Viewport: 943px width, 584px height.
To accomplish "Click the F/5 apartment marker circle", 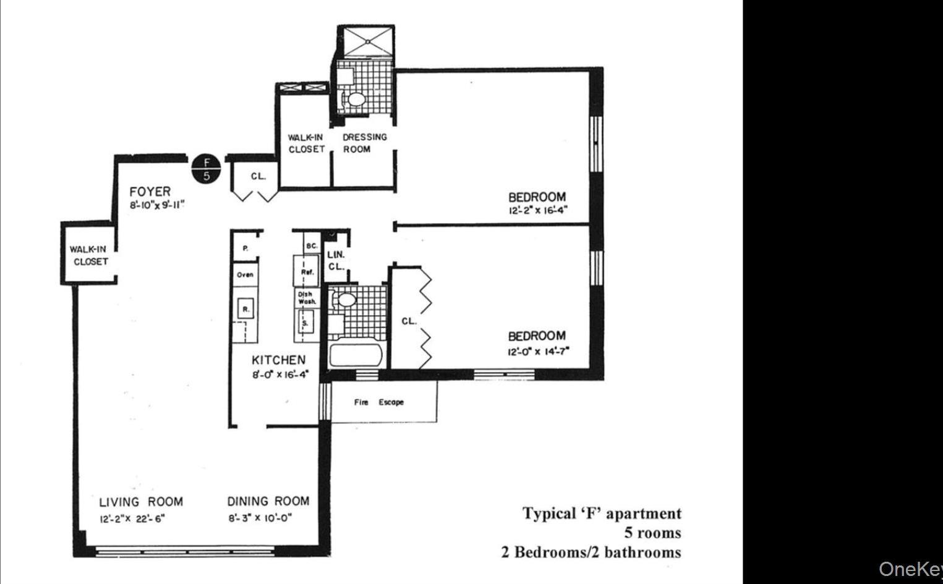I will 207,169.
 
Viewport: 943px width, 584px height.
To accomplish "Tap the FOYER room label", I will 150,192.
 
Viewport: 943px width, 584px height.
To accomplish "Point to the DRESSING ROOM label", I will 364,143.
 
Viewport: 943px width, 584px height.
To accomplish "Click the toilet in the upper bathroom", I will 355,98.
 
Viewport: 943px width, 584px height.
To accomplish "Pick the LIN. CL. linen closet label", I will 336,260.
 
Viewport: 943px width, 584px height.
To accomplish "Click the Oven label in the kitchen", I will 245,274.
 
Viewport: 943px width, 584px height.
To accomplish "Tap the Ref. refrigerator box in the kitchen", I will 307,271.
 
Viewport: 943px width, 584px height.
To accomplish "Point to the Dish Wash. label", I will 307,298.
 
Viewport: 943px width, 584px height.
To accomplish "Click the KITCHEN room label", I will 278,360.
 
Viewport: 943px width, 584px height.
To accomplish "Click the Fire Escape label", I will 378,402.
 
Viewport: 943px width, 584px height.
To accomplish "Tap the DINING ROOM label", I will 268,501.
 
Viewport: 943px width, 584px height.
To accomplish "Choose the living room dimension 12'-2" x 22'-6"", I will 132,519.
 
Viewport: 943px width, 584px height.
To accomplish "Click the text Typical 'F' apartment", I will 602,514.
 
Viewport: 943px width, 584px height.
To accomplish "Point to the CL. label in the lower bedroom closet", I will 409,321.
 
